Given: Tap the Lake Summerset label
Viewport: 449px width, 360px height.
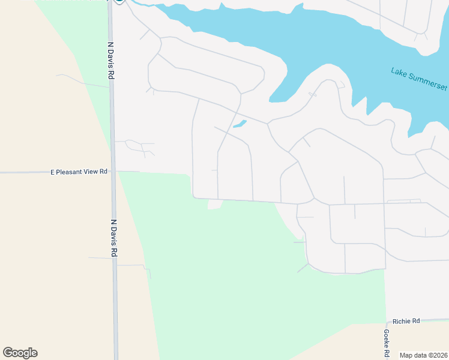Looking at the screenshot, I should coord(419,79).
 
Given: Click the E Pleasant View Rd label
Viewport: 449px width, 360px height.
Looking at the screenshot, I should coord(79,172).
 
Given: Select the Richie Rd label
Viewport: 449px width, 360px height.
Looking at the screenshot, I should coord(406,322).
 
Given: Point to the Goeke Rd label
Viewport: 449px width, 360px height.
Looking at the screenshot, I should coord(387,340).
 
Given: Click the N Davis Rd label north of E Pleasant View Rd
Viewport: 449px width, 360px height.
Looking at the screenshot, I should coord(110,61).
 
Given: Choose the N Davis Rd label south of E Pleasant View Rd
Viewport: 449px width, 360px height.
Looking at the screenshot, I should coord(113,238).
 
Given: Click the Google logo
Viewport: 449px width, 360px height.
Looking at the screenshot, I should coord(20,353).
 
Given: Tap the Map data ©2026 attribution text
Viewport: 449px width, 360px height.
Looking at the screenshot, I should coord(423,355).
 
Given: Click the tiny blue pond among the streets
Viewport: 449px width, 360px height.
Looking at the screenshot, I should coord(240,124).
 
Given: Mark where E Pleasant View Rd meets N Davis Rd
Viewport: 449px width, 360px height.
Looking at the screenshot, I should coord(112,172).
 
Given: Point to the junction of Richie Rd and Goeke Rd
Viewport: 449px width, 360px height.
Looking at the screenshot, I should coord(385,322).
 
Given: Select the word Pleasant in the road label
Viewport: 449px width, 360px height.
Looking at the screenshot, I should coord(70,172).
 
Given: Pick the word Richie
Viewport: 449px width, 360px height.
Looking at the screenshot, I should coord(402,322).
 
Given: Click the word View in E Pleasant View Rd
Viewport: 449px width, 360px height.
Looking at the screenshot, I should coord(92,172).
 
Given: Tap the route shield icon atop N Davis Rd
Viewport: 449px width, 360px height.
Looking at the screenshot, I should coord(120,1).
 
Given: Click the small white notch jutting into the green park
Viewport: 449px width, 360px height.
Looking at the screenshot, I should coord(214,205).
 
